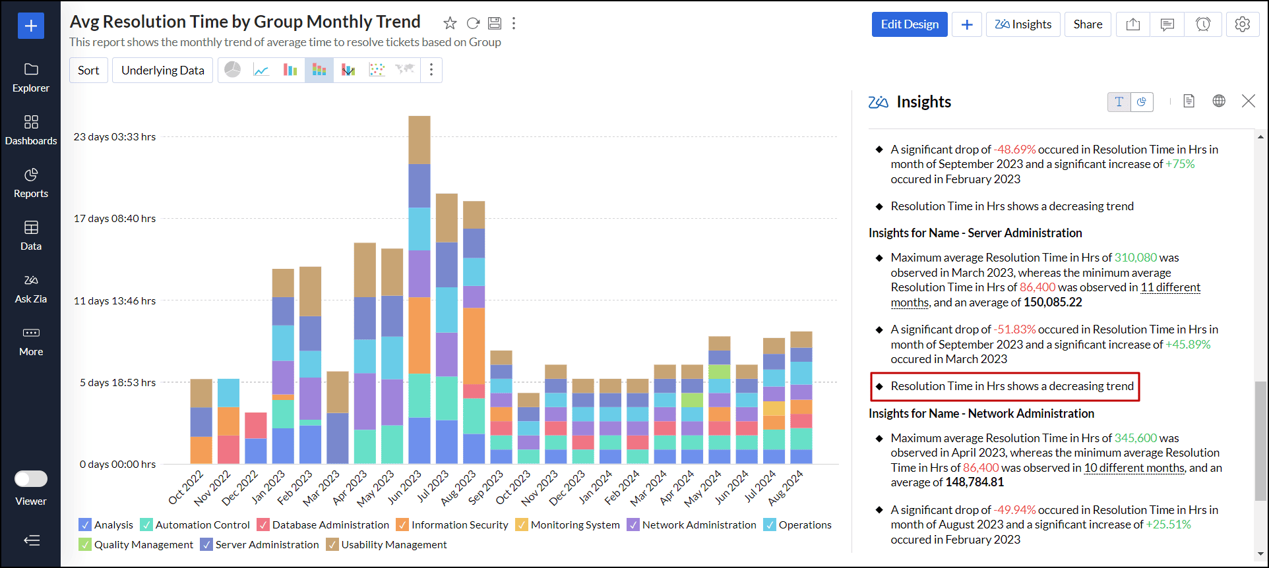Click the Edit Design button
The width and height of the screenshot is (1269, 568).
[x=909, y=24]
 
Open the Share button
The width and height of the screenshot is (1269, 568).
[x=1088, y=24]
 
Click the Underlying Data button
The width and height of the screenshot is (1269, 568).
[x=162, y=71]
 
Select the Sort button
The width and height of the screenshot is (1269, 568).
[x=88, y=71]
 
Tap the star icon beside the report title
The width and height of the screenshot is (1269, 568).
[x=450, y=24]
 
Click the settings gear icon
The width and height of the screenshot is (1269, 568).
[x=1242, y=24]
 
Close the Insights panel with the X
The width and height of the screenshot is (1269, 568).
[x=1248, y=101]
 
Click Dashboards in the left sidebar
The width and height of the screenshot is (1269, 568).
[x=31, y=129]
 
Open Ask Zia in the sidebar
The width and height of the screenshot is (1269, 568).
[x=31, y=288]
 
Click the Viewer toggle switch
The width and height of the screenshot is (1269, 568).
[x=31, y=478]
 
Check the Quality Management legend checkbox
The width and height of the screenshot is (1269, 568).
[x=85, y=544]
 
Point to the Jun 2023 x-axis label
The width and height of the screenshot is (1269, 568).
[x=405, y=487]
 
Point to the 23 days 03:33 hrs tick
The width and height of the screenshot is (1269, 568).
[x=115, y=137]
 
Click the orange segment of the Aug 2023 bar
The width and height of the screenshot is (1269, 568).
[x=474, y=346]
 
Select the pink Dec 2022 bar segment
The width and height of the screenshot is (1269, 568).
[x=255, y=425]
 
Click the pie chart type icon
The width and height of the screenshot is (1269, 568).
[x=232, y=70]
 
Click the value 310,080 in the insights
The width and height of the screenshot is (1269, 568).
[x=1135, y=258]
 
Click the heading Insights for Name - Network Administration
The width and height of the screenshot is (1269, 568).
[x=981, y=413]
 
